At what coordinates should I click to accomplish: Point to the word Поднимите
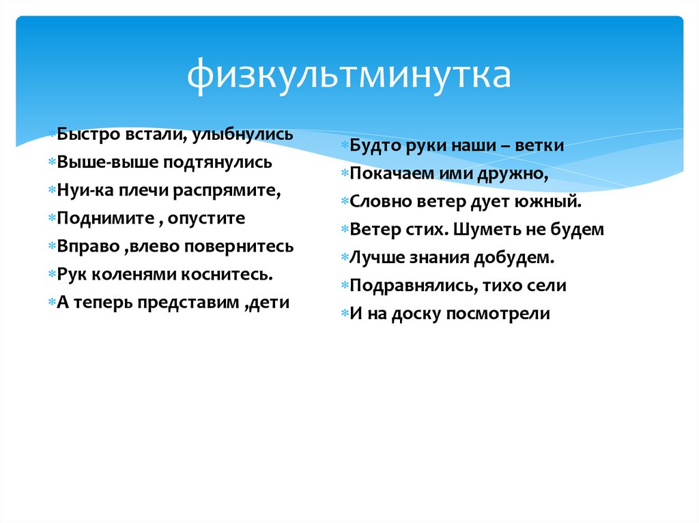pyautogui.click(x=96, y=219)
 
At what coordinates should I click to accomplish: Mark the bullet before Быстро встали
pyautogui.click(x=53, y=135)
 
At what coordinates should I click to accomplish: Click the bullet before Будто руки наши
pyautogui.click(x=345, y=147)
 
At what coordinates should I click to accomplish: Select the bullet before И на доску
pyautogui.click(x=345, y=314)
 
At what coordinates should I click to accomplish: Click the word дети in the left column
pyautogui.click(x=270, y=303)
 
